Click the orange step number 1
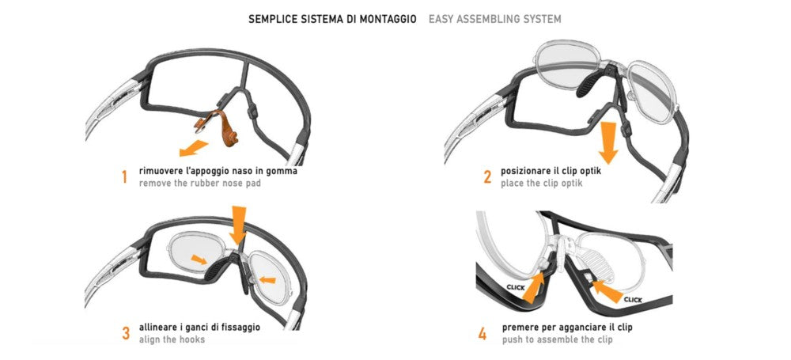[x=124, y=176]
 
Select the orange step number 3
[x=125, y=333]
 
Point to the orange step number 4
[x=483, y=333]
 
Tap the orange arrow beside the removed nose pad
[x=191, y=147]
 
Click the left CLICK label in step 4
[x=516, y=286]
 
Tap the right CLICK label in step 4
[x=634, y=300]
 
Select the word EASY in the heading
[x=444, y=18]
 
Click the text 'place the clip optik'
[x=542, y=183]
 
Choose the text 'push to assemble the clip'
[x=557, y=339]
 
